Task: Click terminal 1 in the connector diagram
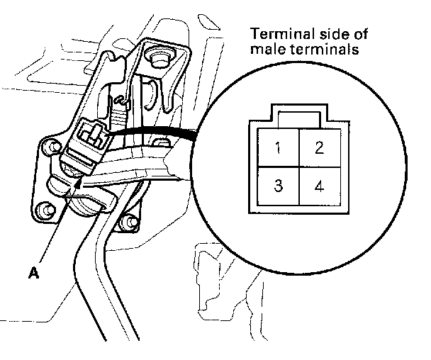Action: click(x=279, y=150)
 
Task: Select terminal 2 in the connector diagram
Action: click(x=319, y=149)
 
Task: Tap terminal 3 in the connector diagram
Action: click(x=279, y=187)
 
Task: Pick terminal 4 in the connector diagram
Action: click(x=319, y=187)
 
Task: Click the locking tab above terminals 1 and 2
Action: click(x=298, y=118)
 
